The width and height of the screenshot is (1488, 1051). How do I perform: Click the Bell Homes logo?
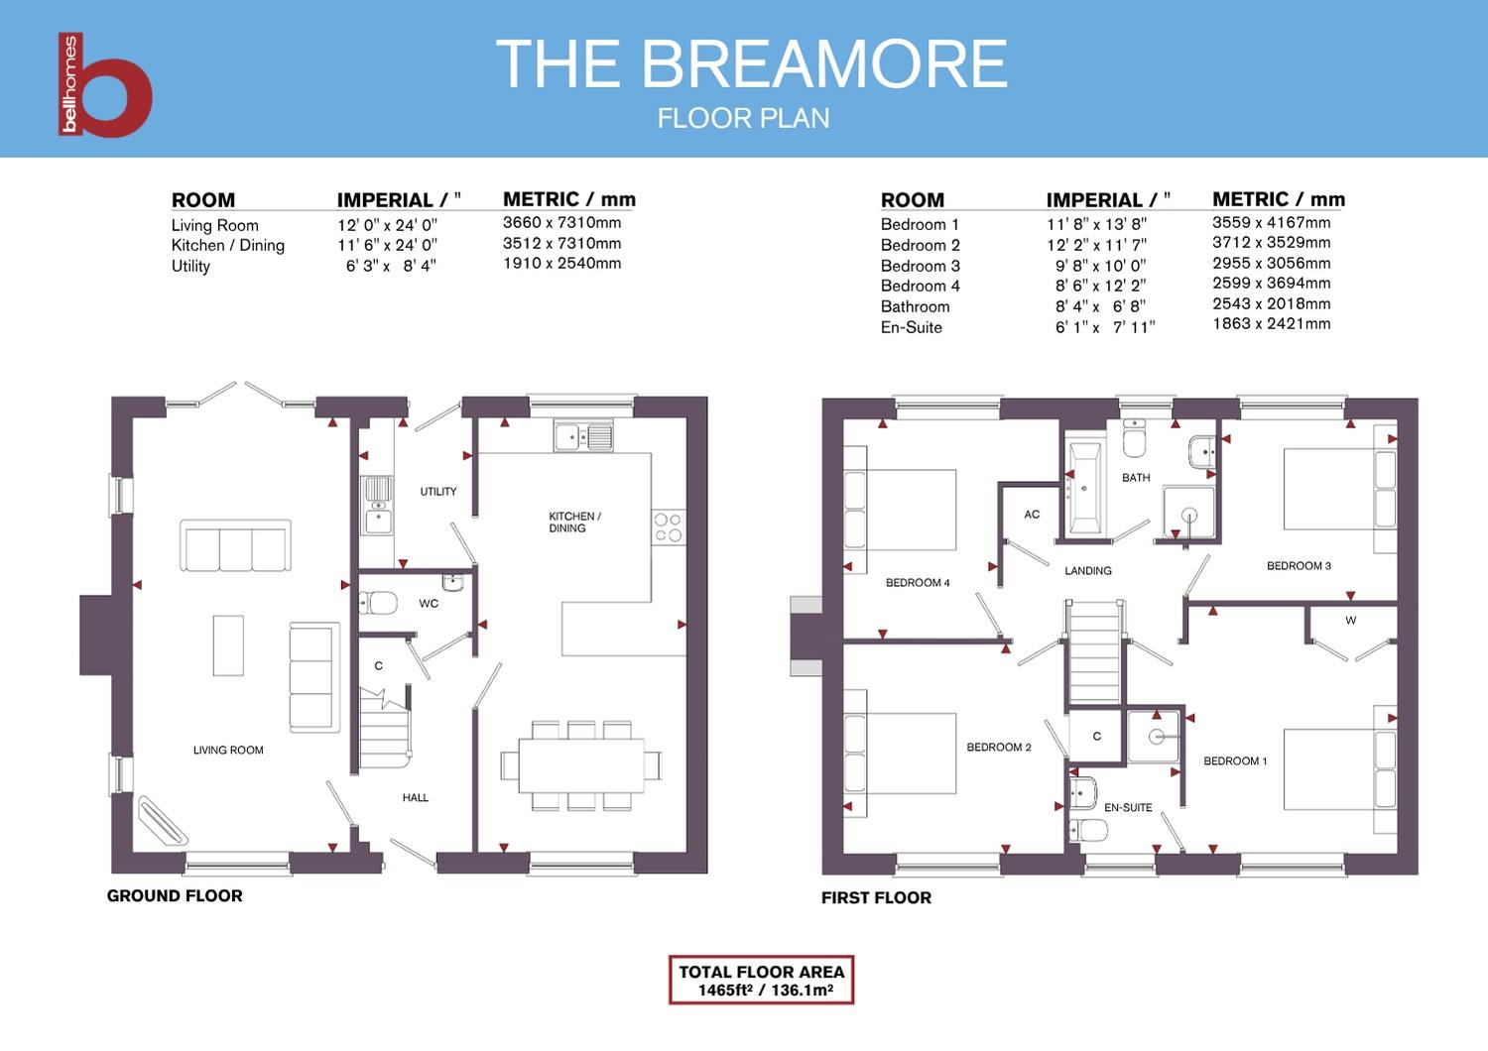pos(104,85)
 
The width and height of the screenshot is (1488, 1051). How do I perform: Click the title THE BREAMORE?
pos(751,64)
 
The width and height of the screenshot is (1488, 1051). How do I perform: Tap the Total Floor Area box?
pos(761,981)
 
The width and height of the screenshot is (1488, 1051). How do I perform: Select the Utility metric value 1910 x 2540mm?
pos(561,264)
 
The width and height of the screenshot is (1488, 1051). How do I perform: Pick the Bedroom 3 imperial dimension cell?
pos(1100,266)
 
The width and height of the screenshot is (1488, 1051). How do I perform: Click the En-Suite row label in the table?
pos(911,327)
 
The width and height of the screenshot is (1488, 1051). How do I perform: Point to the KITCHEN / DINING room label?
pos(574,523)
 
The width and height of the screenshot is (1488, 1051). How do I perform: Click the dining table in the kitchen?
pos(581,765)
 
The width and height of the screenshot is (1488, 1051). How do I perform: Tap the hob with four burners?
pos(668,527)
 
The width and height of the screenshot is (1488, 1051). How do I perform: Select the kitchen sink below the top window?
pos(584,436)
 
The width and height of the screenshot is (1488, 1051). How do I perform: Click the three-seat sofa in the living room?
pos(236,546)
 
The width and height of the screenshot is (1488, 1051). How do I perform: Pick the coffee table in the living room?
pos(228,645)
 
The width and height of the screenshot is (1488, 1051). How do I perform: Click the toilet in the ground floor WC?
pos(379,603)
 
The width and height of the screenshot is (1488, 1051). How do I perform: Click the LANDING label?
pos(1087,571)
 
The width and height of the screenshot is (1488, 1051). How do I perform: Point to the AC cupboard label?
pos(1032,515)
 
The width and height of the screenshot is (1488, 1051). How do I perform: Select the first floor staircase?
pos(1094,653)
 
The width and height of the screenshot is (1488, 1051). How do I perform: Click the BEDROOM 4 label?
pos(918,583)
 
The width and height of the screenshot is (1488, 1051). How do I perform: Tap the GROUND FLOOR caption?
pos(175,896)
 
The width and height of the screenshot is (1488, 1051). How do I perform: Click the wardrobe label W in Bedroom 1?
pos(1350,621)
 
